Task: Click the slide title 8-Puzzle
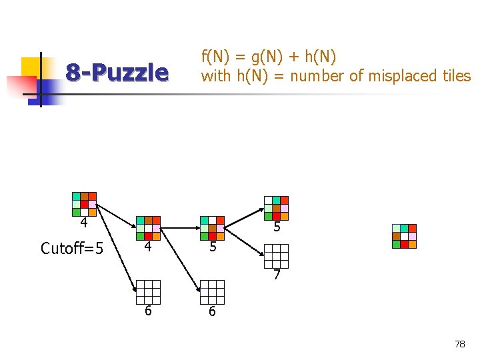pos(117,72)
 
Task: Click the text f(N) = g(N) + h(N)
pos(269,56)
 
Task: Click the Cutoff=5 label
pos(72,249)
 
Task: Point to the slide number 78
pos(459,344)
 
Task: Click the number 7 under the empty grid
pos(277,274)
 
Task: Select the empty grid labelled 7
pos(276,256)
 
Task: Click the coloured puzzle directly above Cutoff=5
pos(84,204)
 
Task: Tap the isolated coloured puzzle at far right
pos(404,236)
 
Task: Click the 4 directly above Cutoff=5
pos(83,223)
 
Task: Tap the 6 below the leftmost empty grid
pos(147,311)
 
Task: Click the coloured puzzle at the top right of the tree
pos(276,208)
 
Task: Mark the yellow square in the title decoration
pos(31,67)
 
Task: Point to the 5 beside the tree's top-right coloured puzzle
pos(277,227)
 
